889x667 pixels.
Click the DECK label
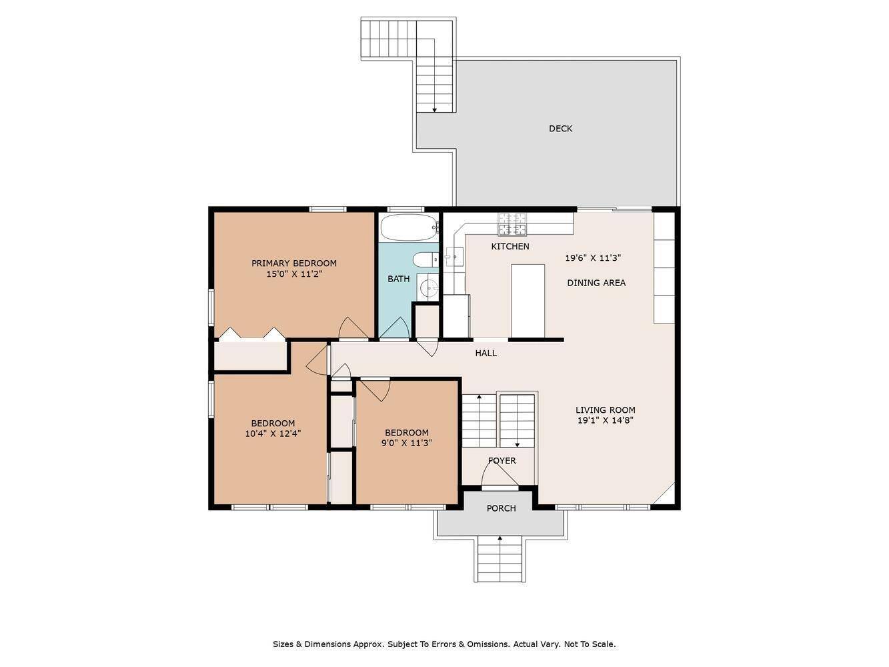(560, 128)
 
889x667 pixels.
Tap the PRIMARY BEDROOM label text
(294, 263)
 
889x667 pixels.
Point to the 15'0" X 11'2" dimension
(294, 274)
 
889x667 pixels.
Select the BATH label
(399, 279)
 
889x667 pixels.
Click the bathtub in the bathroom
(408, 227)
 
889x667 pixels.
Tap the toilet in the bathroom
(424, 259)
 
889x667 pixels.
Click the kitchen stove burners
(512, 224)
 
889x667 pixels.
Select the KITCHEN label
(510, 246)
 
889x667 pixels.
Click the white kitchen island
(528, 301)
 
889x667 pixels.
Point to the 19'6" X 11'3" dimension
(593, 258)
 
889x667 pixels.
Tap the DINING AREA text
(596, 283)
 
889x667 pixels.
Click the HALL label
(486, 353)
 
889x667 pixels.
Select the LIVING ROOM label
(605, 410)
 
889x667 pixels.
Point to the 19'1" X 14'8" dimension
(605, 420)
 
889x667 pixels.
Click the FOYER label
(502, 460)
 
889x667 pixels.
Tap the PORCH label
(501, 508)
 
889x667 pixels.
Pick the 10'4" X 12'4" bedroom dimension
(273, 434)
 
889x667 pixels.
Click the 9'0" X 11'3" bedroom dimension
(407, 443)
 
